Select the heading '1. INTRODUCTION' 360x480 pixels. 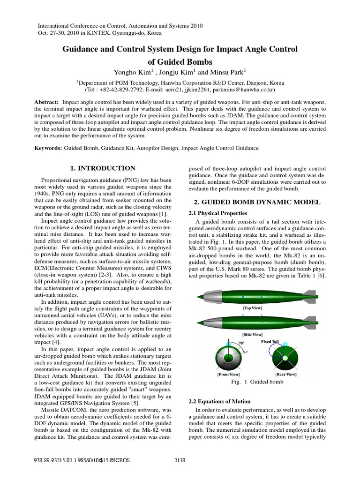(102, 168)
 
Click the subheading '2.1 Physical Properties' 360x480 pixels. (217, 213)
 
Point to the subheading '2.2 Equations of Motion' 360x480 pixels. (219, 401)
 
